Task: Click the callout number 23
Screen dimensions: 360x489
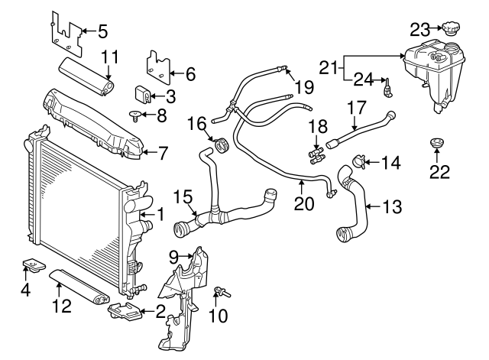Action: click(x=420, y=30)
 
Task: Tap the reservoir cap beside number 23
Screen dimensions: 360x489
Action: click(x=447, y=30)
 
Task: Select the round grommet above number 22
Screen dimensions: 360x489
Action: click(x=437, y=144)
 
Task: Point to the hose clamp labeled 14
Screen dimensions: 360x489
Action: click(x=358, y=161)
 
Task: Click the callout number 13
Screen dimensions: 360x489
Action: click(x=391, y=206)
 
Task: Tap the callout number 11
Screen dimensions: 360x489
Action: click(x=110, y=57)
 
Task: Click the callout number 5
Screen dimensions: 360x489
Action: click(x=102, y=31)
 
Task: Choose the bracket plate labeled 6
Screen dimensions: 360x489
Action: click(x=159, y=66)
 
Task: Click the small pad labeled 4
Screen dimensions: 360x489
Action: click(x=33, y=264)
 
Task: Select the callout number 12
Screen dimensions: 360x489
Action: click(x=61, y=306)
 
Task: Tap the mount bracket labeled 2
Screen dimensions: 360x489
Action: click(x=125, y=312)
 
